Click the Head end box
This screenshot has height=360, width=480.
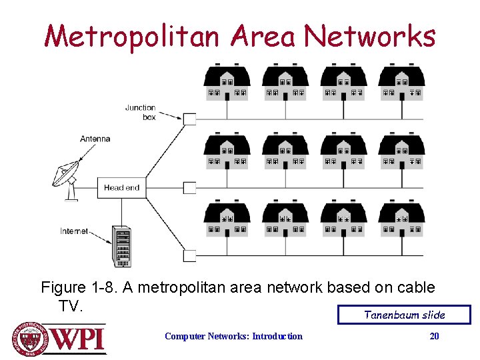(x=122, y=187)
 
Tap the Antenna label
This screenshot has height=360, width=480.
(x=95, y=139)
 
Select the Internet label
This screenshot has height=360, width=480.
(x=74, y=231)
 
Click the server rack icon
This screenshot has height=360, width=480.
(x=122, y=246)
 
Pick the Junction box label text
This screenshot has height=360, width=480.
(x=141, y=112)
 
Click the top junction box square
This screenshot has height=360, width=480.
(x=190, y=119)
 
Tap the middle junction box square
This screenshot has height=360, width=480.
(x=190, y=187)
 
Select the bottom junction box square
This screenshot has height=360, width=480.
(x=190, y=255)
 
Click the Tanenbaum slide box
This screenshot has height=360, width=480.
(x=404, y=315)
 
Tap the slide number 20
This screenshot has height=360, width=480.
(x=434, y=336)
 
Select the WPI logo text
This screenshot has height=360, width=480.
(x=78, y=338)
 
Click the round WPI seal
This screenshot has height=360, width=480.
(x=29, y=338)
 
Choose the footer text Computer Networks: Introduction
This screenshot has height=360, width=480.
(x=233, y=336)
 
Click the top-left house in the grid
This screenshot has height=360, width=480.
(x=227, y=83)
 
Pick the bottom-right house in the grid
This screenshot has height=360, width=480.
(x=402, y=220)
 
